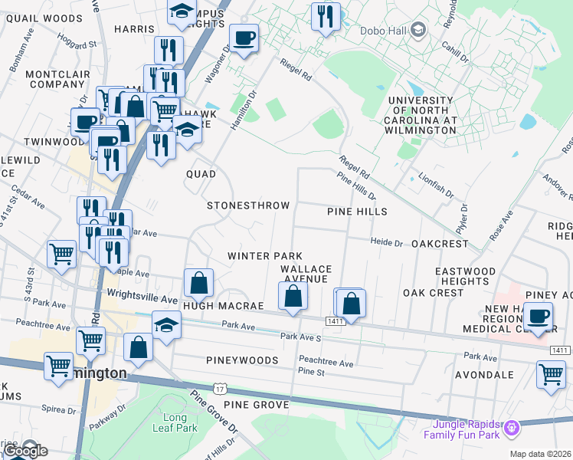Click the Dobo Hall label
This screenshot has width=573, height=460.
click(382, 31)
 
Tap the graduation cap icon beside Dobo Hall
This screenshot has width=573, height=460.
click(418, 31)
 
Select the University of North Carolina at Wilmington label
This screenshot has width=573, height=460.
click(421, 116)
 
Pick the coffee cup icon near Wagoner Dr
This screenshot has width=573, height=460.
click(244, 38)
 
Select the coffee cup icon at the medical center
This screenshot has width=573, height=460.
click(538, 315)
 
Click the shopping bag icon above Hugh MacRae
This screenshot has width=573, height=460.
click(198, 283)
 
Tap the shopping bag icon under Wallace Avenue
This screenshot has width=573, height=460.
click(293, 295)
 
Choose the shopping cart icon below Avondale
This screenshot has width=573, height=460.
click(551, 375)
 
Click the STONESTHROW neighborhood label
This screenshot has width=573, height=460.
click(248, 205)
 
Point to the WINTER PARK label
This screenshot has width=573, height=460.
click(264, 255)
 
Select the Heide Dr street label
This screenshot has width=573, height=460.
click(386, 242)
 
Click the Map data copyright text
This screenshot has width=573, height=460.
click(541, 454)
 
